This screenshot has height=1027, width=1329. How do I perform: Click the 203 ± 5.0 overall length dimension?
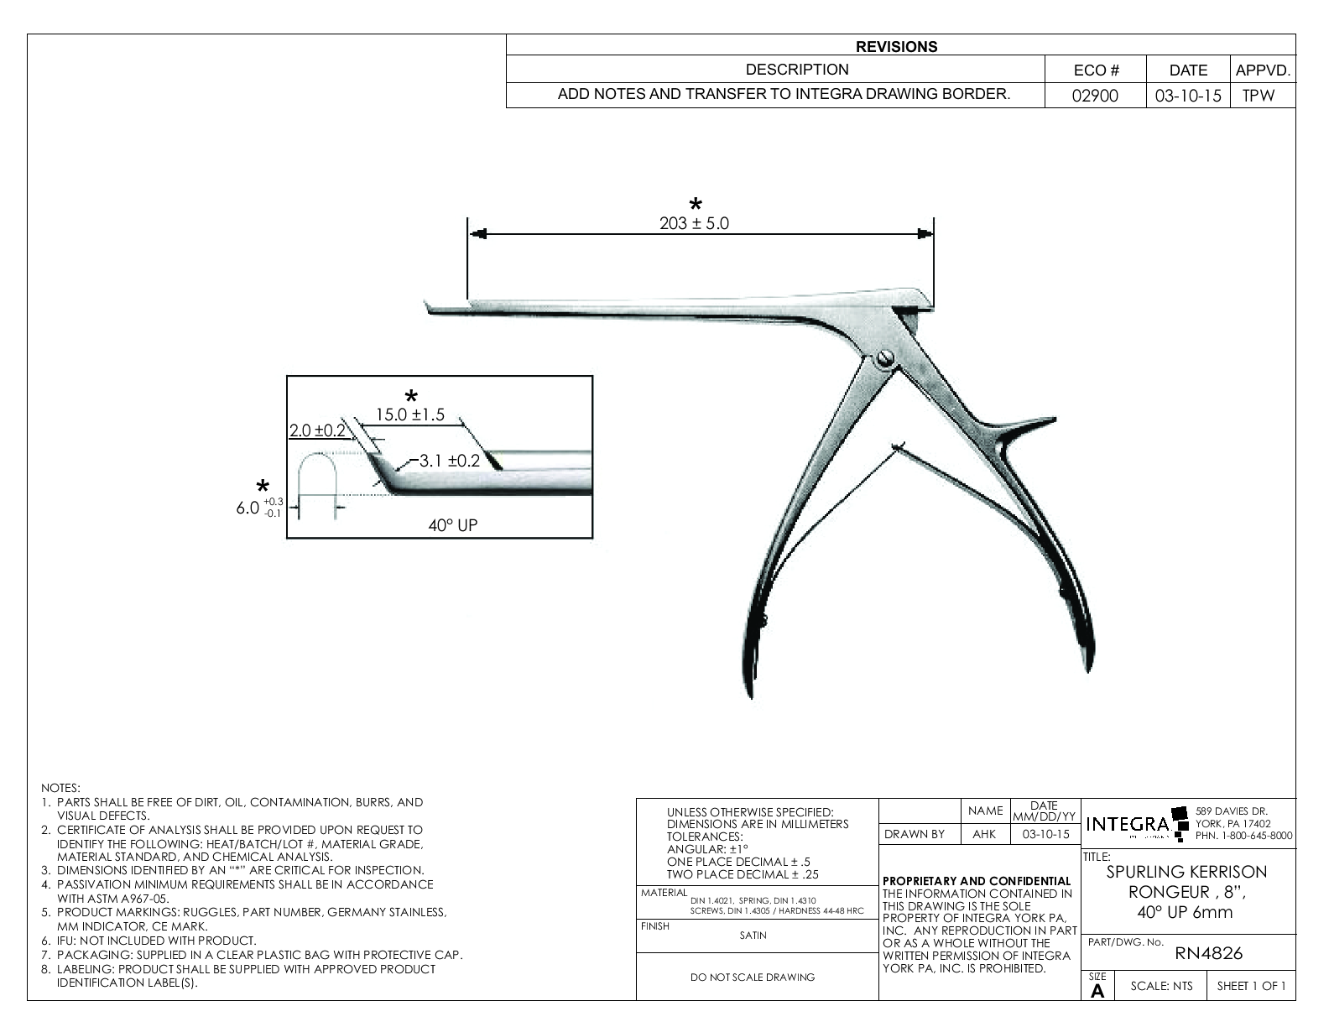pos(694,224)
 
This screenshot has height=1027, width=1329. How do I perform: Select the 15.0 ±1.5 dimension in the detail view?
pos(409,414)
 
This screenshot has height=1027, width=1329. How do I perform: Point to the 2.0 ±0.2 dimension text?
pos(317,430)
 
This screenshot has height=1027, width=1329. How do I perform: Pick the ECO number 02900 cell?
pos(1096,96)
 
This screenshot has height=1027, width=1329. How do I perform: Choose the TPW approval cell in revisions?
pos(1258,96)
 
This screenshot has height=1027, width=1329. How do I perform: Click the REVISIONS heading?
pos(896,47)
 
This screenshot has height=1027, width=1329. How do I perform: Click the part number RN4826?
pos(1208,953)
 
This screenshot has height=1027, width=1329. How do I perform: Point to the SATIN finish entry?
pos(753,936)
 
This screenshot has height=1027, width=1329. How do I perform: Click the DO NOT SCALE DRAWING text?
pos(752,977)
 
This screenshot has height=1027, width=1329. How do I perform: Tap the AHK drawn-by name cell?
pos(983,834)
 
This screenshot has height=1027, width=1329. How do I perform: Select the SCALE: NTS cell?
pos(1161,986)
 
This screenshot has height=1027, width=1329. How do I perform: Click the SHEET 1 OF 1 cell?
pos(1250,986)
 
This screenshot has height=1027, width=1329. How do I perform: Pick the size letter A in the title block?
pos(1097,991)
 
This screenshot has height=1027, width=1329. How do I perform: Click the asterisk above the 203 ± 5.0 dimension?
pos(696,204)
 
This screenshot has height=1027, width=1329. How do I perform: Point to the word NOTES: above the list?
pos(60,788)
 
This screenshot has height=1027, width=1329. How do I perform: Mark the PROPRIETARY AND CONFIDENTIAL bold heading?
pos(977,881)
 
